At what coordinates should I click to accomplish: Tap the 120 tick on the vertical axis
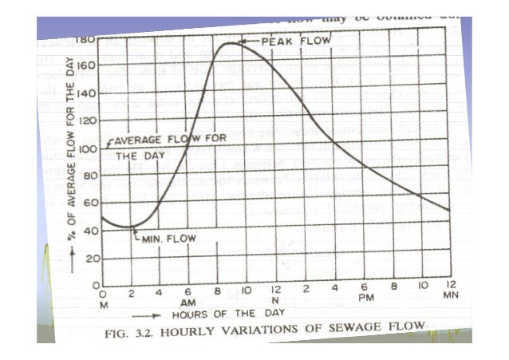click(89, 121)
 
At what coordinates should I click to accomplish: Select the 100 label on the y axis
click(91, 148)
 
